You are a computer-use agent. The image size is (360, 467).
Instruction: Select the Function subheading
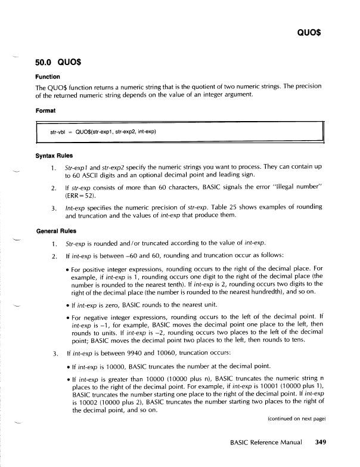pos(49,76)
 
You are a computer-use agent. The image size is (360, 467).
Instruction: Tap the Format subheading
pos(47,110)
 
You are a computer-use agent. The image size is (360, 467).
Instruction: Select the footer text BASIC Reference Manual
pos(268,442)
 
